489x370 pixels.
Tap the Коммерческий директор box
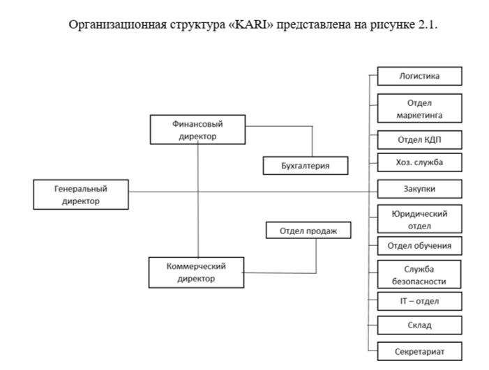(196, 272)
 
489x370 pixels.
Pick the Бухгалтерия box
(305, 165)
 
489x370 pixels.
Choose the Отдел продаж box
(308, 231)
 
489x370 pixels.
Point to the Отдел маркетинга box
(419, 108)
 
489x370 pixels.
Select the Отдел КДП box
(419, 139)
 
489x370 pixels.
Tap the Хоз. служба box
(419, 162)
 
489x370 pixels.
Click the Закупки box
(419, 189)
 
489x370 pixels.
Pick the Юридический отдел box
(419, 219)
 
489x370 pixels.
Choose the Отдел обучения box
(419, 245)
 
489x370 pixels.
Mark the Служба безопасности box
(419, 275)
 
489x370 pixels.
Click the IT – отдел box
(419, 301)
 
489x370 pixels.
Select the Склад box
(419, 325)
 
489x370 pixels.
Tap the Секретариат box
(419, 351)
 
